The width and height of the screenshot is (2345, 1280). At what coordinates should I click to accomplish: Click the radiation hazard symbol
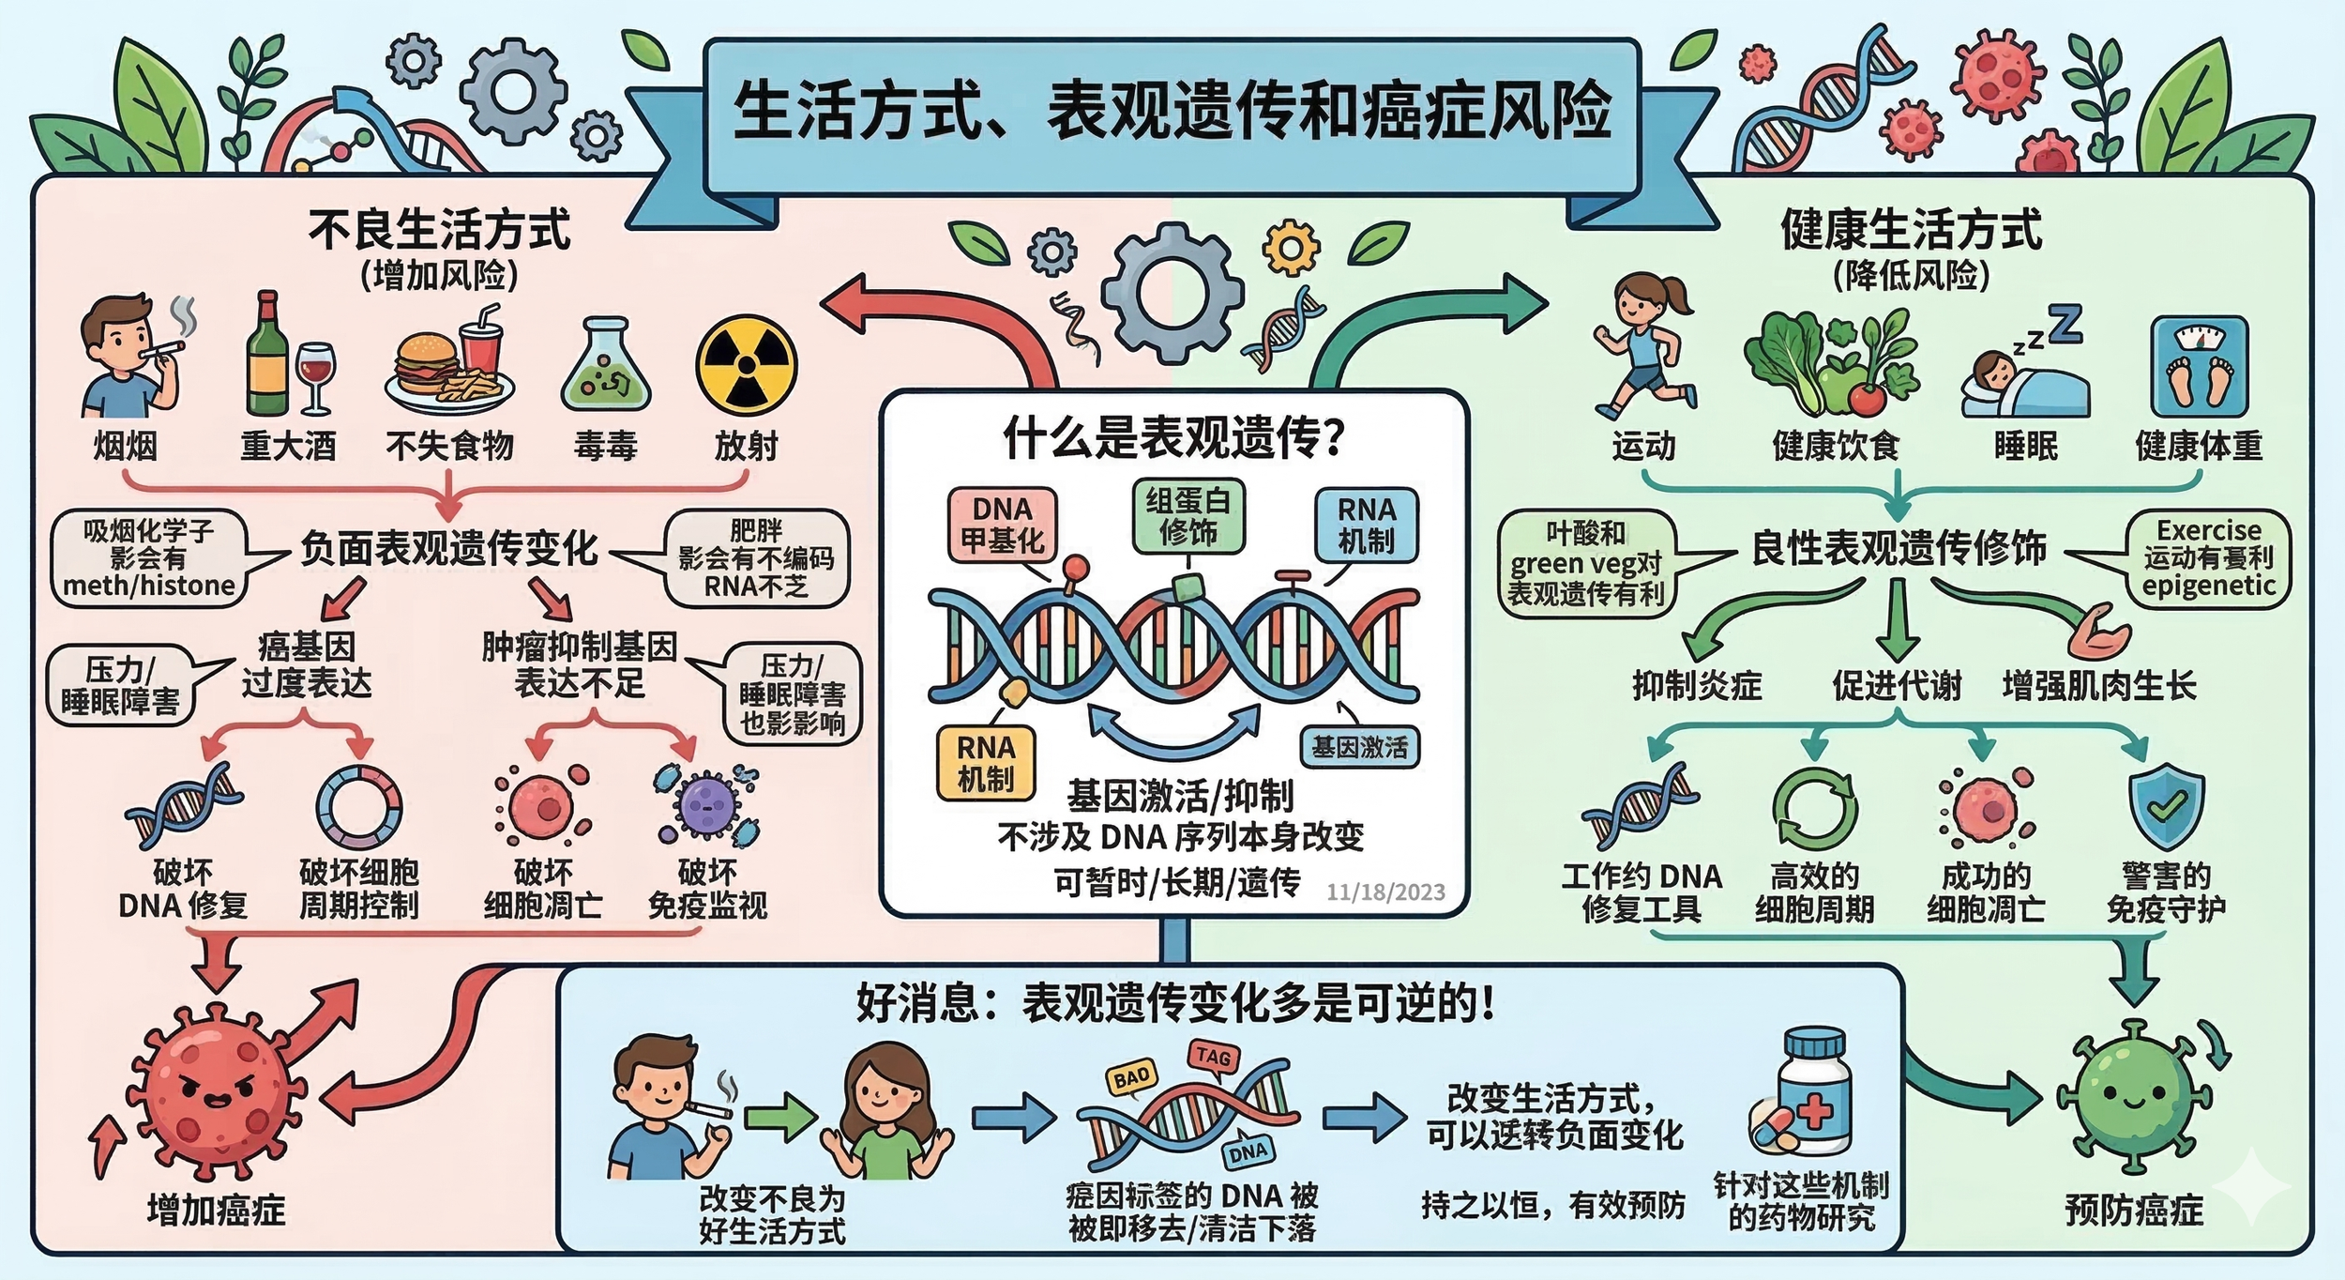pos(746,365)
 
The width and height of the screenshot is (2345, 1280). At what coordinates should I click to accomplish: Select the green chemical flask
pos(605,366)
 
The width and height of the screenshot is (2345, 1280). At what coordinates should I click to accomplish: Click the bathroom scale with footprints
pos(2199,366)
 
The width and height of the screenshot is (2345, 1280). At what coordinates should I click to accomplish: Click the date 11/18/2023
pos(1385,891)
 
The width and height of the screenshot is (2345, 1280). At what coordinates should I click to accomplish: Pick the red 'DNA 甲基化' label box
pos(1002,524)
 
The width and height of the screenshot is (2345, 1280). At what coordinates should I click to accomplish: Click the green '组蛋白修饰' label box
pos(1188,516)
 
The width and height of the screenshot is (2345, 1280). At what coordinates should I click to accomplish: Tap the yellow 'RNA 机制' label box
pos(985,763)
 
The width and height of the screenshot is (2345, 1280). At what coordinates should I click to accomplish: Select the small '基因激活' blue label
pos(1359,747)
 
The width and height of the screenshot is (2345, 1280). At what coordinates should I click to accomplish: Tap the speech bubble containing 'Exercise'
pos(2208,558)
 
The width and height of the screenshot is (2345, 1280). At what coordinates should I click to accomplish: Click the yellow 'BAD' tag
pos(1131,1078)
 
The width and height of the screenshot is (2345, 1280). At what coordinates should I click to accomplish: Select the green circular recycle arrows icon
pos(1814,810)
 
